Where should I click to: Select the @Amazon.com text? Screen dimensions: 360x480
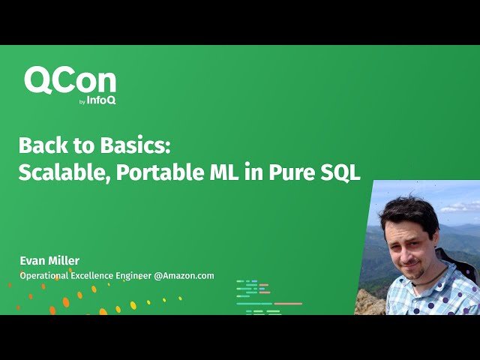point(184,276)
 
